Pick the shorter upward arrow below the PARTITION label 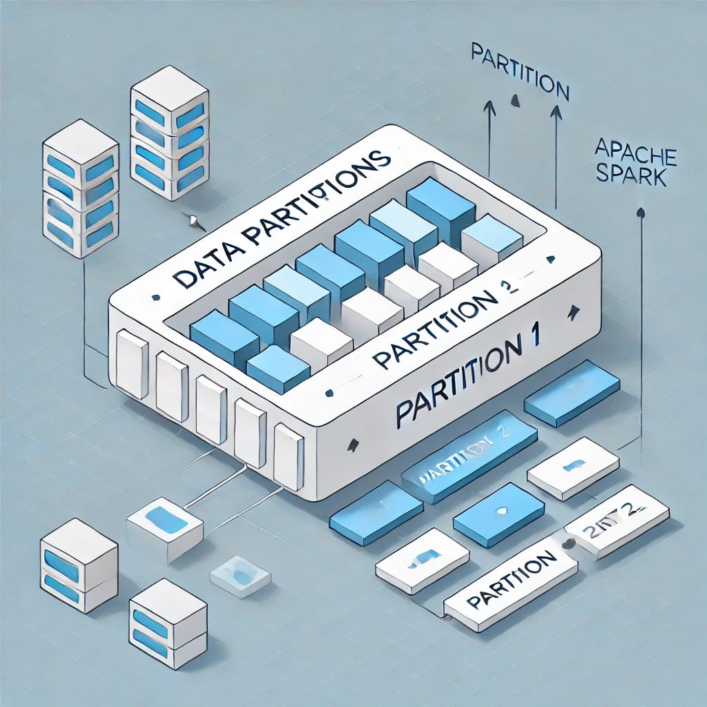pyautogui.click(x=490, y=138)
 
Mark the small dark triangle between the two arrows pyautogui.click(x=514, y=101)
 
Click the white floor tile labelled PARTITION pyautogui.click(x=510, y=584)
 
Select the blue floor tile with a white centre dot pyautogui.click(x=499, y=514)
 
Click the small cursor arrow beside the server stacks pyautogui.click(x=195, y=221)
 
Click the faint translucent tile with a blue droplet pyautogui.click(x=240, y=574)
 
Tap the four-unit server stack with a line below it pyautogui.click(x=80, y=188)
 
